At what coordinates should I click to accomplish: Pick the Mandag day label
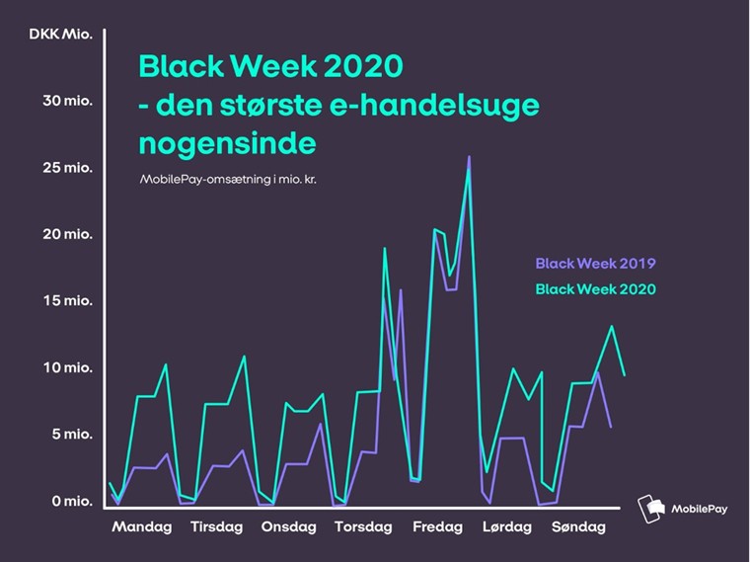point(142,526)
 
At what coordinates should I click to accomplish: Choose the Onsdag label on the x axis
point(288,526)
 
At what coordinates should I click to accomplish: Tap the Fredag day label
point(437,526)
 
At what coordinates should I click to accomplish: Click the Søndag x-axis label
point(578,526)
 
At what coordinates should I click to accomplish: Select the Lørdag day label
point(507,526)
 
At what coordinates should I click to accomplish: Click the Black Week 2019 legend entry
point(595,264)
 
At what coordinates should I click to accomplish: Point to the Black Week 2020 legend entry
point(595,289)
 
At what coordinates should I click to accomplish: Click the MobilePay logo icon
point(650,509)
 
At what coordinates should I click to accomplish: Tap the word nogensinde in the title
point(227,142)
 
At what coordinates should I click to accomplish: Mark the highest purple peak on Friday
point(469,157)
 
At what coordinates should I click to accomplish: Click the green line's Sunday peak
point(613,327)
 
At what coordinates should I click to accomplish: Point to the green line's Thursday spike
point(384,249)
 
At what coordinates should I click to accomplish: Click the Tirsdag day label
point(216,526)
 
